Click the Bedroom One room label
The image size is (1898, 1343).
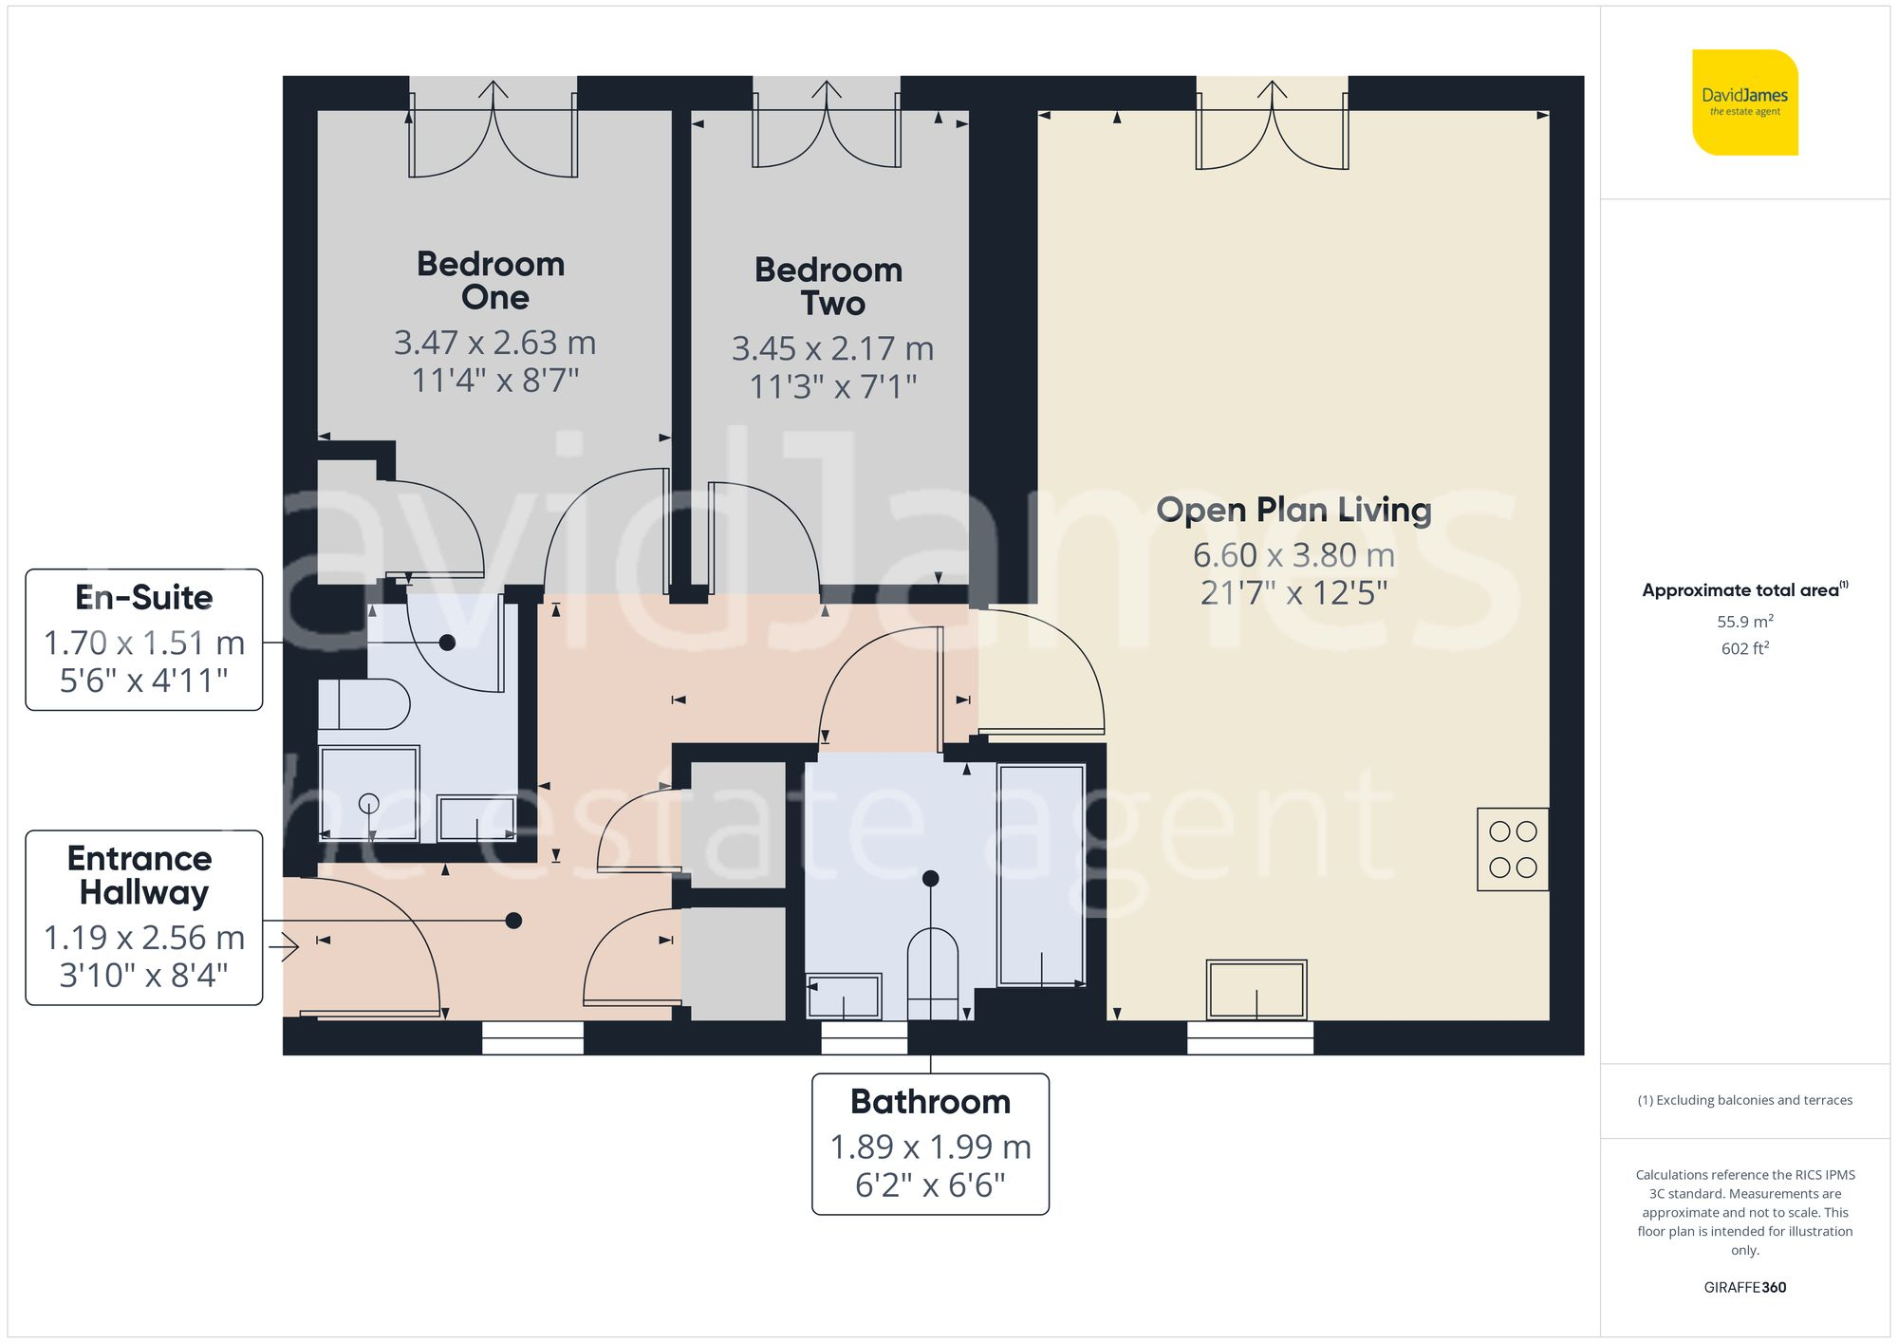pyautogui.click(x=491, y=280)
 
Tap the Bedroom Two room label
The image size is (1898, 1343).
pyautogui.click(x=828, y=286)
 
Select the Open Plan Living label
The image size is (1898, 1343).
pyautogui.click(x=1293, y=510)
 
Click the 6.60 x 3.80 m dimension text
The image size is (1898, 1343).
pyautogui.click(x=1293, y=554)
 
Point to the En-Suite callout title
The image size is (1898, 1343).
pyautogui.click(x=144, y=597)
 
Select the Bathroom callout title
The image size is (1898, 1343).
pyautogui.click(x=930, y=1101)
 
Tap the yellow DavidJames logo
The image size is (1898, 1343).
pyautogui.click(x=1744, y=103)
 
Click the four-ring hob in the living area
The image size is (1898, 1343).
pyautogui.click(x=1513, y=849)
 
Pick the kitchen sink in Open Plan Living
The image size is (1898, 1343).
pyautogui.click(x=1256, y=989)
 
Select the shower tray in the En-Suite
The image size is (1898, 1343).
pyautogui.click(x=369, y=793)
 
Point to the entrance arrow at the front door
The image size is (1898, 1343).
pyautogui.click(x=284, y=946)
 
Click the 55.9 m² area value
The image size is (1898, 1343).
pyautogui.click(x=1744, y=622)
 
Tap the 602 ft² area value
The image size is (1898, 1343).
pyautogui.click(x=1744, y=648)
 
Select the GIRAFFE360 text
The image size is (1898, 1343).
pyautogui.click(x=1744, y=1287)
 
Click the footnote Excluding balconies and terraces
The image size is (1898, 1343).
pyautogui.click(x=1744, y=1100)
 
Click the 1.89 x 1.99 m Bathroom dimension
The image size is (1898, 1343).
pyautogui.click(x=930, y=1147)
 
